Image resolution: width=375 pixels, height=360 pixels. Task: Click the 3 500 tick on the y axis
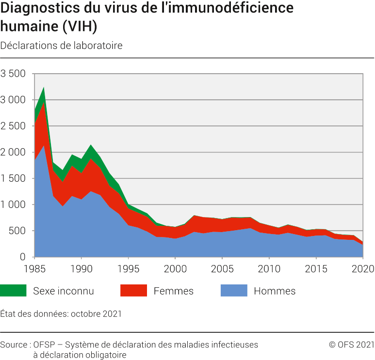(x=13, y=74)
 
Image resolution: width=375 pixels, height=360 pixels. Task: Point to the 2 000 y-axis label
(x=13, y=153)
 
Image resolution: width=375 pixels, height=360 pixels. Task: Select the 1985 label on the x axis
(x=35, y=268)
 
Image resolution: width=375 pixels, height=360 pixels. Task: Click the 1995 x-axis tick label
(x=129, y=268)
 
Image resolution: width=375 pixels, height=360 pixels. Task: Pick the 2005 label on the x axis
(x=222, y=268)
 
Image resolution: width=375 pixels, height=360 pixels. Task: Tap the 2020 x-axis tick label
(x=362, y=268)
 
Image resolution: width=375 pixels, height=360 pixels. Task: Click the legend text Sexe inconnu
(x=63, y=291)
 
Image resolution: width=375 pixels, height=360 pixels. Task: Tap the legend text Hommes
(x=275, y=291)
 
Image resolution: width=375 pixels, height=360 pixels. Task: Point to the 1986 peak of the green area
(x=44, y=89)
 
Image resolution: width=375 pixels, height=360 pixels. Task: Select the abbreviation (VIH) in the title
(x=80, y=27)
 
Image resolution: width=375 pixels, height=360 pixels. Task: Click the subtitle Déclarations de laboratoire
(x=61, y=46)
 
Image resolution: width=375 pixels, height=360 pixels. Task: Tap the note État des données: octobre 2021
(x=61, y=313)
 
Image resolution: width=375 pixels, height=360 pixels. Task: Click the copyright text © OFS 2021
(x=351, y=344)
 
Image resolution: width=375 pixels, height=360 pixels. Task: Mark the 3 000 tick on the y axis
(x=13, y=100)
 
